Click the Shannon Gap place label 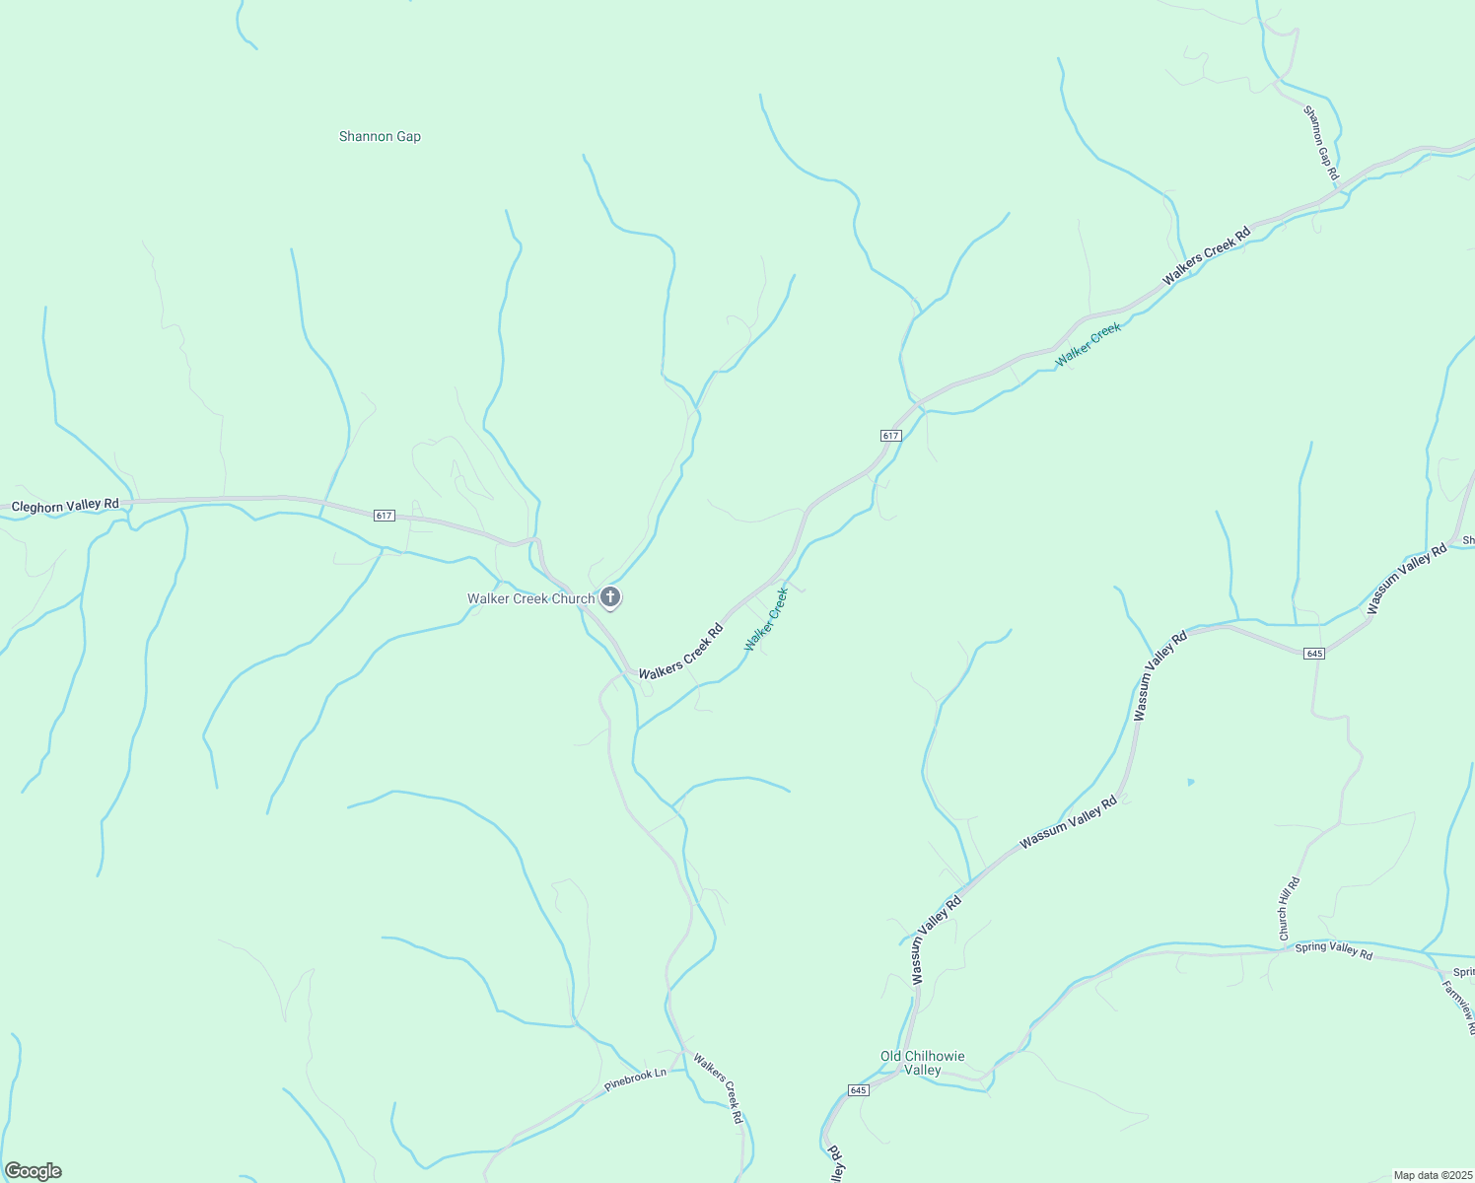(x=380, y=137)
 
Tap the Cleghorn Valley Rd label (x=65, y=505)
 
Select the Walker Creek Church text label (x=530, y=598)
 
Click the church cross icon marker (x=610, y=596)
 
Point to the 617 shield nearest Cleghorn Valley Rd (x=385, y=516)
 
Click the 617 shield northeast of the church (x=890, y=435)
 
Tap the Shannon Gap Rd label (x=1321, y=143)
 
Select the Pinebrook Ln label (x=635, y=1079)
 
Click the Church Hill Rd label (x=1290, y=908)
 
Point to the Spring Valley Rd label (x=1333, y=950)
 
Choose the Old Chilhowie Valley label (x=923, y=1063)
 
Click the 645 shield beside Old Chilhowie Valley (x=858, y=1089)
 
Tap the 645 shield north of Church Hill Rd (x=1313, y=654)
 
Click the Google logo (x=33, y=1171)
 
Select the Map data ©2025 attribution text (x=1432, y=1175)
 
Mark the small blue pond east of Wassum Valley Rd (x=1191, y=782)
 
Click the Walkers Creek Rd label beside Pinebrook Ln (x=717, y=1088)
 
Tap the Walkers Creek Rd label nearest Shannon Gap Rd (x=1206, y=256)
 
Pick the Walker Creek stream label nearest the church (x=766, y=619)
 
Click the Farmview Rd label (x=1458, y=1006)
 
